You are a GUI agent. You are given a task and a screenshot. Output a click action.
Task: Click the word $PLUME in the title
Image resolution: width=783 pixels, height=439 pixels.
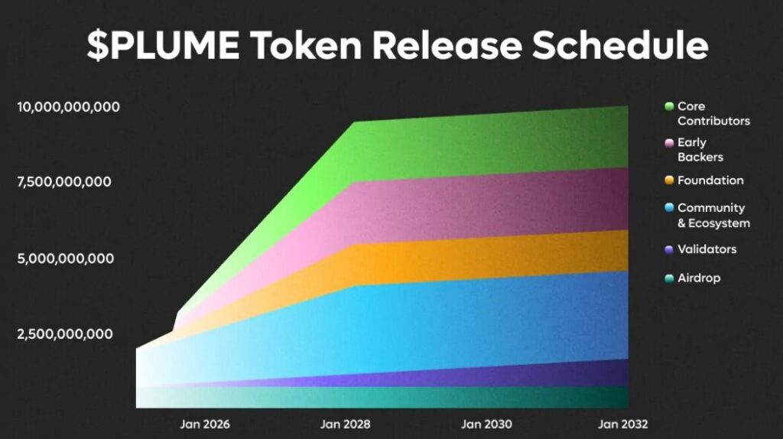click(163, 45)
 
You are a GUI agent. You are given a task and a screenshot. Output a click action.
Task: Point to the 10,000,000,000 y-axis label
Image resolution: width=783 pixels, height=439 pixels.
click(68, 107)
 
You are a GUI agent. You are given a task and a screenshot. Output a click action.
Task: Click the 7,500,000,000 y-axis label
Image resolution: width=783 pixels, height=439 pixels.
click(64, 182)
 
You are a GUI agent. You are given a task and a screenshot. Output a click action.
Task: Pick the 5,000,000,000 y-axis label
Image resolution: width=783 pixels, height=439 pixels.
click(66, 259)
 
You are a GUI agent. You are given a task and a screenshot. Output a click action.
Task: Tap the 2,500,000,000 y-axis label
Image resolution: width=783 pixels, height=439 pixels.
click(65, 333)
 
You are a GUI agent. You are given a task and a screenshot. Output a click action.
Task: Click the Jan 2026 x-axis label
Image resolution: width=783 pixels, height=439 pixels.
click(205, 424)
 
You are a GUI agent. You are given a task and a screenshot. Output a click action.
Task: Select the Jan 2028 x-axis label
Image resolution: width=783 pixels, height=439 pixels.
click(345, 424)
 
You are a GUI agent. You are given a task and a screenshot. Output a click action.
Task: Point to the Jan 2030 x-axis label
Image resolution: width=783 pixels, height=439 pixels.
click(486, 424)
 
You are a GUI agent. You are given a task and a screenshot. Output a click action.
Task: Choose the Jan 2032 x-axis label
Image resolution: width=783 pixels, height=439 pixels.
click(622, 424)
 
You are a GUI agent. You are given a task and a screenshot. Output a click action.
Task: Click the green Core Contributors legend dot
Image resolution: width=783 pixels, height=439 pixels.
click(669, 106)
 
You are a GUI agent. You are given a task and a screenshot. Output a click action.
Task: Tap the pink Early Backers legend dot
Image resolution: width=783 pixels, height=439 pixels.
click(669, 143)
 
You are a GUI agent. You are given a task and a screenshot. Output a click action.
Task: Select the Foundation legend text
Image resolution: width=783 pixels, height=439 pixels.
click(710, 180)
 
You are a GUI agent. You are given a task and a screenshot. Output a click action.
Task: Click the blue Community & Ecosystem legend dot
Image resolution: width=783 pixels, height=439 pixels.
click(669, 207)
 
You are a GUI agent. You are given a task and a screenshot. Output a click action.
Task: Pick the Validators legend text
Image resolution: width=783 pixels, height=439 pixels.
click(707, 249)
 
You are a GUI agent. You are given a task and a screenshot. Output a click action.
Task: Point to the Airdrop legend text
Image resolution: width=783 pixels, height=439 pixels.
click(699, 278)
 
